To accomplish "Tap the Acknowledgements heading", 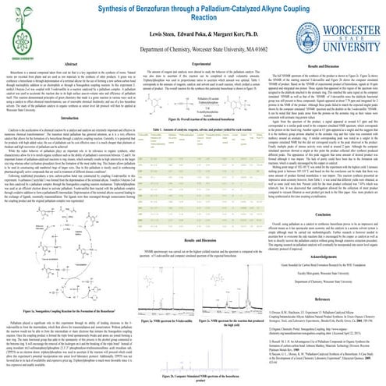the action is tap(320, 290).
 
